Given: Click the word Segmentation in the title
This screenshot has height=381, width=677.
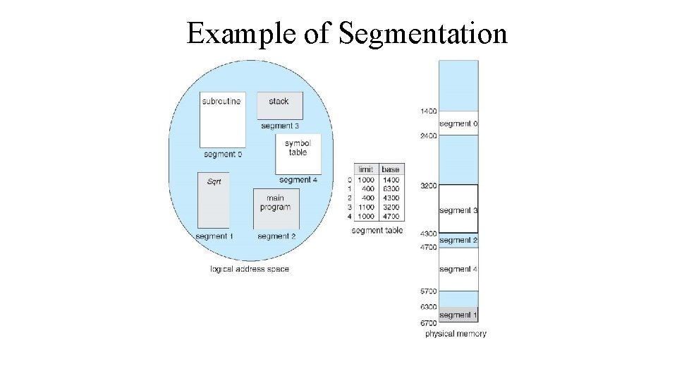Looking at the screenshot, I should click(422, 33).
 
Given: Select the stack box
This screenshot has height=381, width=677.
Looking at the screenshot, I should click(279, 105).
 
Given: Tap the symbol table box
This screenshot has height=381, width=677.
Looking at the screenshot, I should click(298, 153).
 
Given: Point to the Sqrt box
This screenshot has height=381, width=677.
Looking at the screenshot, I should click(213, 200).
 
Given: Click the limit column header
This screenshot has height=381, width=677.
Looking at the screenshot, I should click(365, 169).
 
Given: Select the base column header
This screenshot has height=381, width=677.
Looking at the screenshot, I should click(390, 169).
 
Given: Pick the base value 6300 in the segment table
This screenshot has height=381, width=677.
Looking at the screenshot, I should click(390, 189).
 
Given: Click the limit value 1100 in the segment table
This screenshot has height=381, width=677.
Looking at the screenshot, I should click(365, 207).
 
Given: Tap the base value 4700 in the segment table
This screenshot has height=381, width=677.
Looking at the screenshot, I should click(390, 217).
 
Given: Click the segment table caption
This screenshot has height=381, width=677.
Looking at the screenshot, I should click(377, 231).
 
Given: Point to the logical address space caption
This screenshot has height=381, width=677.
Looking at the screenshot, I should click(250, 269).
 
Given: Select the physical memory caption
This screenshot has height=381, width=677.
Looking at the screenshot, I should click(456, 334).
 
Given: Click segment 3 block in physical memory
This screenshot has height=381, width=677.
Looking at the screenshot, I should click(458, 210).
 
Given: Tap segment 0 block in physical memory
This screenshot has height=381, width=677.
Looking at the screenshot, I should click(458, 123).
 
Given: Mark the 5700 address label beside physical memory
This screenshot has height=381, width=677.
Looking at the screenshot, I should click(428, 291).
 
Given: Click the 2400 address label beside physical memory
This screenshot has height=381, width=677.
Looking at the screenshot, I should click(428, 135).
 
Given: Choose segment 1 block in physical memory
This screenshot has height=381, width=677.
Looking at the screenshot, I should click(458, 315).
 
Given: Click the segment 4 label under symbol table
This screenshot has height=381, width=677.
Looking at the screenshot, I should click(298, 180).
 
